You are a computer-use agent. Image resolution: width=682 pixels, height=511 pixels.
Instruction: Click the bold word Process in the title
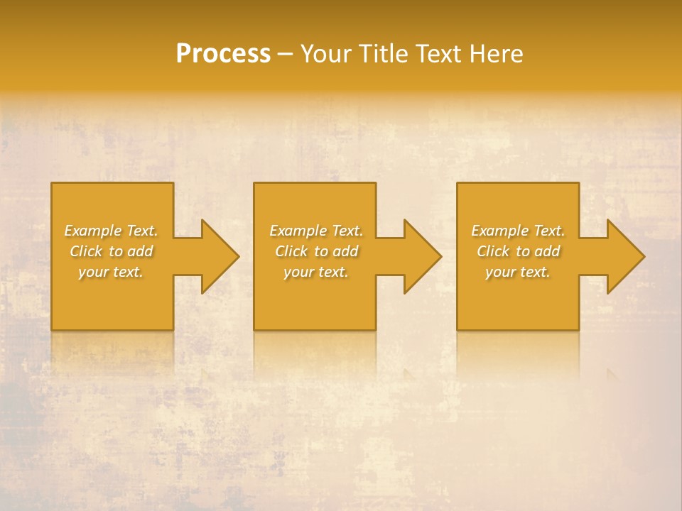pos(223,54)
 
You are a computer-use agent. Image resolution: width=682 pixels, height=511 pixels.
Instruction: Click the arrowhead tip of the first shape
pos(238,256)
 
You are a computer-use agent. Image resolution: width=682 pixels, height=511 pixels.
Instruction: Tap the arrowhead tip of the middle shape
pos(440,256)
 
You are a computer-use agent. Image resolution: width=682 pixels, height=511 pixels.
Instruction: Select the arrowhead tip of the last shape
pos(644,256)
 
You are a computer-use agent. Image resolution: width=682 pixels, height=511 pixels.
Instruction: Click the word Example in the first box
pos(92,231)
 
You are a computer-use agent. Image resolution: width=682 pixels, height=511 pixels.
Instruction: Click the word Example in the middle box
pos(298,231)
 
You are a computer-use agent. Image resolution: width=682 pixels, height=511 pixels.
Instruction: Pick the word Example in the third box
pos(499,231)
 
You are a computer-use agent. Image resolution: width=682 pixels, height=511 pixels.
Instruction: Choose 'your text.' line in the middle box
pos(315,272)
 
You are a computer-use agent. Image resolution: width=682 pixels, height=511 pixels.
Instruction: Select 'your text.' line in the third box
pos(517,272)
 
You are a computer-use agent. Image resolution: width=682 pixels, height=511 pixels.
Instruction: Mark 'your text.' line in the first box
pos(110,272)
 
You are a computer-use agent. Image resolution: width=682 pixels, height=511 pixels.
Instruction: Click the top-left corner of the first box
pos(52,184)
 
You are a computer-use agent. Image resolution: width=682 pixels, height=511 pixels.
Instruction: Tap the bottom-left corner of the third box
pos(458,329)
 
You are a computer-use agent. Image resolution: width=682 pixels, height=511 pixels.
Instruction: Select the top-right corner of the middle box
pos(375,184)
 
